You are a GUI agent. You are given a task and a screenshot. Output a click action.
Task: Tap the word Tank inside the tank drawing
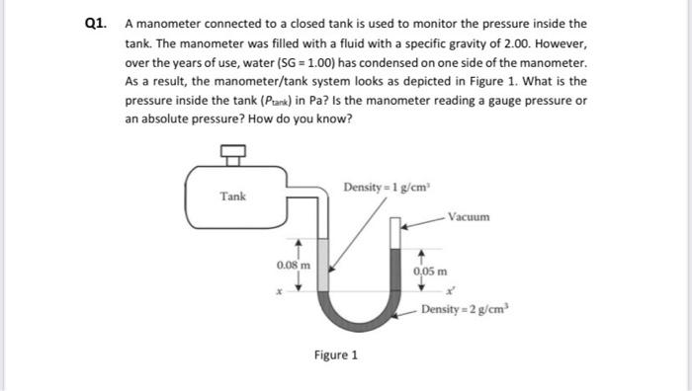pyautogui.click(x=233, y=196)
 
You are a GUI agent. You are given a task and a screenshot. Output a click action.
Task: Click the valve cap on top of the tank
pyautogui.click(x=233, y=151)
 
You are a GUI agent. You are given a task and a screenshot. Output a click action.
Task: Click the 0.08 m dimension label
pyautogui.click(x=294, y=264)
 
